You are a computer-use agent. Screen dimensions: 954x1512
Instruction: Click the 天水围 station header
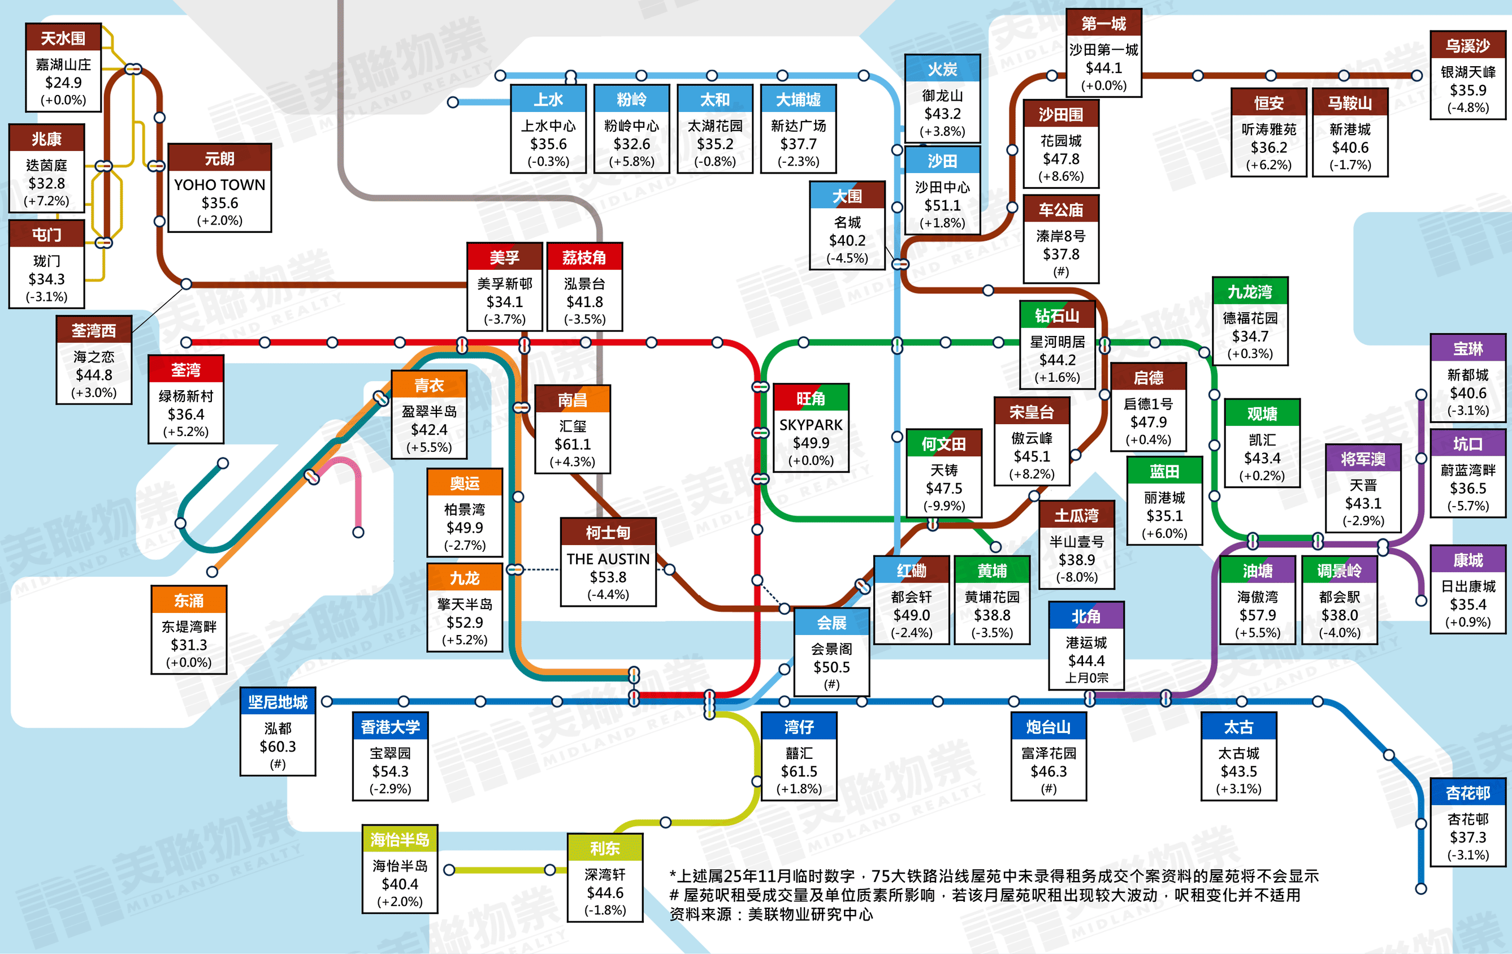coord(63,38)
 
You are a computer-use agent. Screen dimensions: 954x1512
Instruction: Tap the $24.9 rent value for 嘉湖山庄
coord(63,82)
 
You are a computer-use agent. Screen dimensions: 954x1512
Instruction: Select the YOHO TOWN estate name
coord(219,185)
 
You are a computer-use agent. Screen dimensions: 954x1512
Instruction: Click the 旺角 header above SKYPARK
coord(811,398)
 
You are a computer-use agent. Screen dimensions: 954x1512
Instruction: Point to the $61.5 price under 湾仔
coord(799,771)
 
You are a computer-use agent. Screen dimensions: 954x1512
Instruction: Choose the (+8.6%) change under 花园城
coord(1060,176)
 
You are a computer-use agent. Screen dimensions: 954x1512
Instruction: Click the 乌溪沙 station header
coord(1467,45)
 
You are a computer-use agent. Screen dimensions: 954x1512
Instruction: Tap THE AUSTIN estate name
coord(608,559)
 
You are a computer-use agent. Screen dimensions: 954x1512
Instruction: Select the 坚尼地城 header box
coord(278,702)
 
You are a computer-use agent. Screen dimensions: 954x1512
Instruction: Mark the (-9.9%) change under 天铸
coord(944,506)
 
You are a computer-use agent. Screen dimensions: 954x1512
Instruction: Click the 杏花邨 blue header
coord(1467,793)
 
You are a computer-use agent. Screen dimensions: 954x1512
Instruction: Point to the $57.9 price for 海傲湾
coord(1257,615)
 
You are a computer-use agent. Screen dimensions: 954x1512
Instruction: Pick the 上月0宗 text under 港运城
coord(1086,677)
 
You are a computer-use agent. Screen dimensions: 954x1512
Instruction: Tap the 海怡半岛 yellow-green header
coord(400,839)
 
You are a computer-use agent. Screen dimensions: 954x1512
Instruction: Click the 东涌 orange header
coord(188,601)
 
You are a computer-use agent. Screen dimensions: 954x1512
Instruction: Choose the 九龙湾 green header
coord(1250,291)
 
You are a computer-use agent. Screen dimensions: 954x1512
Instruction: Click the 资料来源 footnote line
coord(771,914)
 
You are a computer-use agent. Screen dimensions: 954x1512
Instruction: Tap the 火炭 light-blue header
coord(942,69)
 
